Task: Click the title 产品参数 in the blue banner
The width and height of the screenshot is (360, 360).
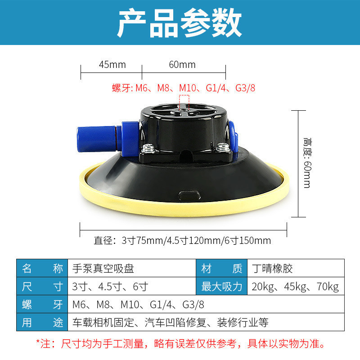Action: click(179, 22)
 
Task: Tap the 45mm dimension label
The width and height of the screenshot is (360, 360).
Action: click(112, 64)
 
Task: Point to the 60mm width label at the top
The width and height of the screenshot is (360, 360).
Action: click(182, 64)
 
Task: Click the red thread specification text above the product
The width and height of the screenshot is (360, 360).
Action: click(184, 88)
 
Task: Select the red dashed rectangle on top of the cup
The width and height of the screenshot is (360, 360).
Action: click(184, 103)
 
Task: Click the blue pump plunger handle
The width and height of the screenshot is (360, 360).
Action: click(97, 139)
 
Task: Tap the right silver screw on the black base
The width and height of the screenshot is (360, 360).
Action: click(223, 147)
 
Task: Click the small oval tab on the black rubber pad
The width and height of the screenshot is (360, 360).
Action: click(189, 195)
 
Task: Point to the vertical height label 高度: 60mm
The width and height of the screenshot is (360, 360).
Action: click(307, 163)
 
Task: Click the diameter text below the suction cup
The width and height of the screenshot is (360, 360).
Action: click(182, 241)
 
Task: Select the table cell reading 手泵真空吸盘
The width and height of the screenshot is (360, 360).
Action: click(132, 268)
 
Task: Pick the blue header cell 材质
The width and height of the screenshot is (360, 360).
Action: click(221, 268)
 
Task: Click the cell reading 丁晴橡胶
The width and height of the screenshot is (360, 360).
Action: click(296, 268)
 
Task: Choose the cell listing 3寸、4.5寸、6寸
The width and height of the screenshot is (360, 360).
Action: click(132, 286)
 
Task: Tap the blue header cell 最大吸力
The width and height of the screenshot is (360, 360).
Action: click(221, 286)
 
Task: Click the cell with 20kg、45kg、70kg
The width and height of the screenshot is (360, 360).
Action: click(296, 286)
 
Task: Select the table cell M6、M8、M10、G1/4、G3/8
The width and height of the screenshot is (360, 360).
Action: click(206, 304)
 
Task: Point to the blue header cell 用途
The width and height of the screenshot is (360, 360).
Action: click(42, 322)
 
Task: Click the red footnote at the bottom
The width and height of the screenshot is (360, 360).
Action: click(181, 344)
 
